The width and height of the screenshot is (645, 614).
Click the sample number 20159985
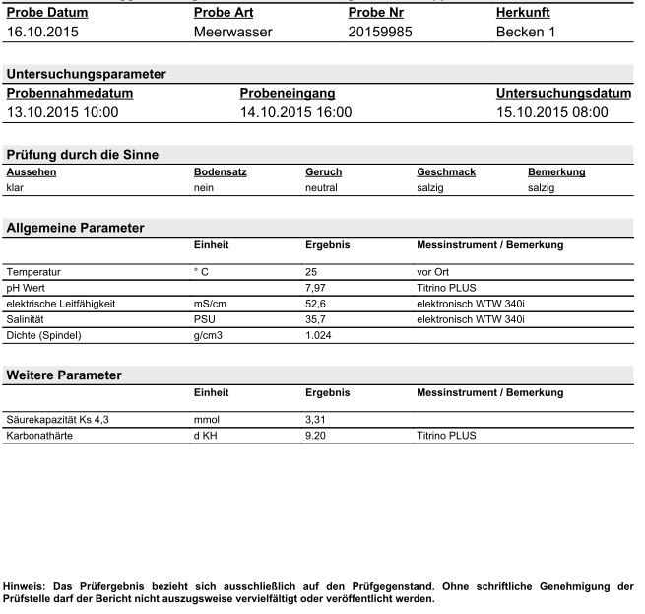380,32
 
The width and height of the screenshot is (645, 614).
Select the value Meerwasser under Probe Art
233,32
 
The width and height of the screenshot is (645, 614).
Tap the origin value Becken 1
526,32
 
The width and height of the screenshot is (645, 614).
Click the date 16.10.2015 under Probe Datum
43,32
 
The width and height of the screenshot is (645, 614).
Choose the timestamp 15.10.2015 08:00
551,112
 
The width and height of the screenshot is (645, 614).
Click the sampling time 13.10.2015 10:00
62,112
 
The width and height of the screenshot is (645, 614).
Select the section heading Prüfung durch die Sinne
83,154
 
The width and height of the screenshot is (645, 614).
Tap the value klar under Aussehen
15,187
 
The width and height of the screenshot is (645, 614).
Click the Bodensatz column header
221,171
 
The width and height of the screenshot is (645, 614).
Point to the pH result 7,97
317,287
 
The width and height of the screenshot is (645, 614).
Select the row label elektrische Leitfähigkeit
60,304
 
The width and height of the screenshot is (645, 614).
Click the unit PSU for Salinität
205,319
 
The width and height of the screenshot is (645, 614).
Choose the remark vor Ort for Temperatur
433,270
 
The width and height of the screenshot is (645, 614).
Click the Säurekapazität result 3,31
317,419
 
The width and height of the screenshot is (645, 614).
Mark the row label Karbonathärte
39,435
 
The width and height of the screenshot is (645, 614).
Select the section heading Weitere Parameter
64,375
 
